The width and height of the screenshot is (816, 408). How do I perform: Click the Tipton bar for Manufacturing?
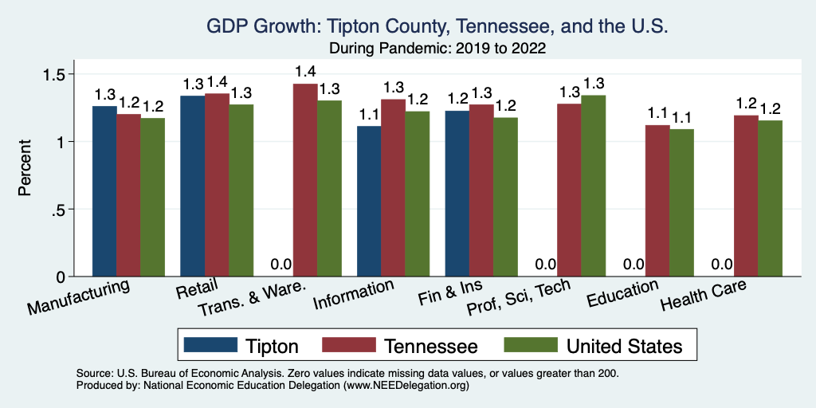coord(104,191)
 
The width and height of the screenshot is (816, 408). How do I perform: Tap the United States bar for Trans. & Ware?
coord(330,188)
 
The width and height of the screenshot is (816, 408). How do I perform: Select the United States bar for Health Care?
coord(770,198)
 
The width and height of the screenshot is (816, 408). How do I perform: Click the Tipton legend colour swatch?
coord(211,345)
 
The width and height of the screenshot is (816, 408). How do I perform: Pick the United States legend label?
coord(625,346)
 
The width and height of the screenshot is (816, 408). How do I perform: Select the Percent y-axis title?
coord(25,169)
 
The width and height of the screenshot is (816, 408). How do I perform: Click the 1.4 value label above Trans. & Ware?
coord(305,72)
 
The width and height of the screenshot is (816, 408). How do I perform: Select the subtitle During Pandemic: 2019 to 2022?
coord(437,48)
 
